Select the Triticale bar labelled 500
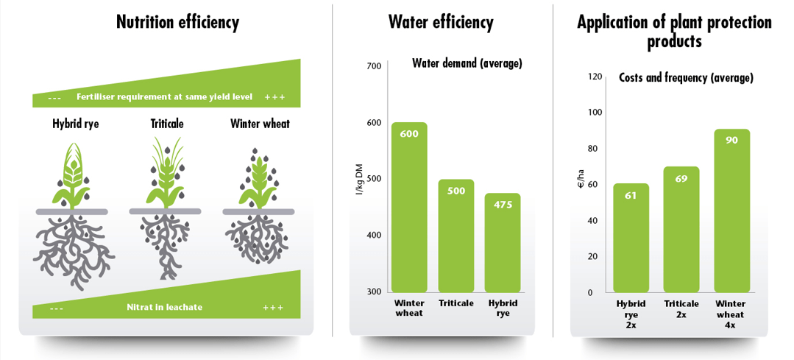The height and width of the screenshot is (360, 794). [456, 236]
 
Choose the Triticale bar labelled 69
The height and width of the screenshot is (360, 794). [681, 229]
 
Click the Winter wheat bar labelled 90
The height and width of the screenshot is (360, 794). [731, 211]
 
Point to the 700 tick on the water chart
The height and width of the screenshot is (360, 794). [374, 66]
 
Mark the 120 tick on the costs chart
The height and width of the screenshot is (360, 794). [595, 77]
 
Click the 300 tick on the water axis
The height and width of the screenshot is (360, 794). [374, 292]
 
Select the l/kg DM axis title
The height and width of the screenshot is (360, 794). [359, 179]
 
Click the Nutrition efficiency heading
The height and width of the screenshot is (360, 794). [177, 23]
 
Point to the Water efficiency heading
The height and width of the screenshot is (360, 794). [441, 23]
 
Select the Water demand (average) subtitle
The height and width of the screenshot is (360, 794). [467, 63]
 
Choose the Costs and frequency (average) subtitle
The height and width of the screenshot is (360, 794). [686, 77]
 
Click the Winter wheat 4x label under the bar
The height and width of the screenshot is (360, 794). [731, 314]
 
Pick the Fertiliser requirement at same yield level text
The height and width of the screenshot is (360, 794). [164, 97]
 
